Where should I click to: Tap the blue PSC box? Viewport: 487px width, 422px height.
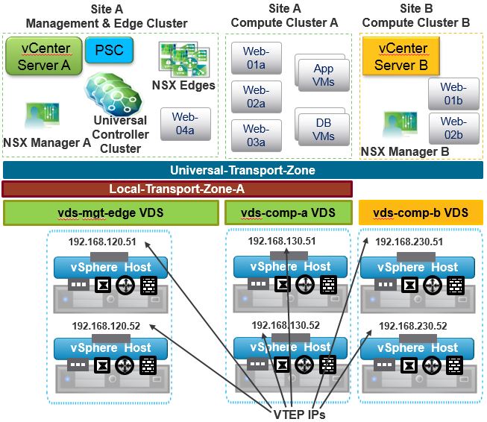[x=109, y=51]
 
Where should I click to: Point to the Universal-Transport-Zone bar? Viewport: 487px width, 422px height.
[x=242, y=170]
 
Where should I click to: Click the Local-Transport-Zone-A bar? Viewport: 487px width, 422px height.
[x=172, y=189]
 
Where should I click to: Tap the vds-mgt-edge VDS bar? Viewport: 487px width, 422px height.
[x=110, y=213]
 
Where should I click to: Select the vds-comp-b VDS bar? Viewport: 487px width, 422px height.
[x=420, y=213]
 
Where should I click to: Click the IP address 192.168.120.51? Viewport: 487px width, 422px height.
[x=101, y=242]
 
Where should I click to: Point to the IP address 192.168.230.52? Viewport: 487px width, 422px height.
[x=412, y=326]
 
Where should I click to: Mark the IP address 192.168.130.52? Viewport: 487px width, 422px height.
[x=286, y=325]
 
